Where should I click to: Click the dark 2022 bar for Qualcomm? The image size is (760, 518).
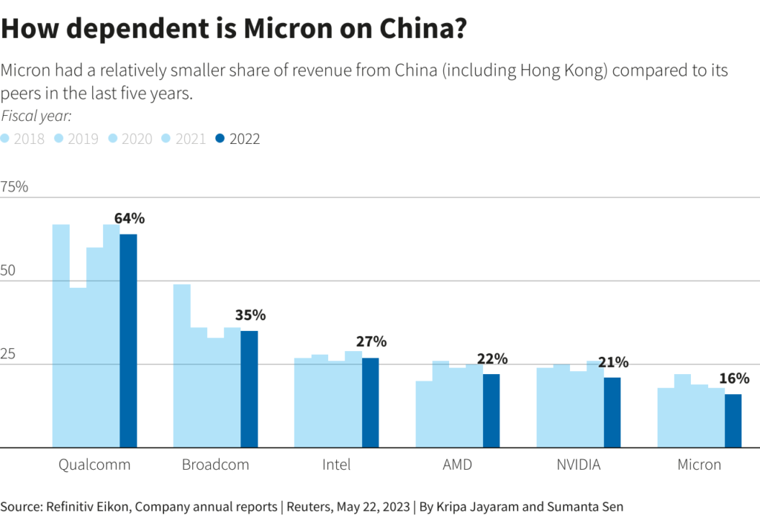[x=128, y=341]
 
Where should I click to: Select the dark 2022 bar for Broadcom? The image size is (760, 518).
[x=249, y=389]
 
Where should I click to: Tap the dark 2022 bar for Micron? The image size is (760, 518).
[x=733, y=421]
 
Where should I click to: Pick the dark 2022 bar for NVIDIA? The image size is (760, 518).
[x=612, y=413]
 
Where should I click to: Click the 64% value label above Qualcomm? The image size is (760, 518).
[x=129, y=218]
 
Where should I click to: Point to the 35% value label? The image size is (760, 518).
[x=250, y=315]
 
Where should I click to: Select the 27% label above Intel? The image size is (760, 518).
[x=371, y=341]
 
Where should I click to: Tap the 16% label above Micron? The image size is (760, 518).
[x=734, y=378]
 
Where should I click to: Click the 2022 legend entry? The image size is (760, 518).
[x=237, y=139]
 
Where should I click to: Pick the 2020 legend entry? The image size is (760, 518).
[x=130, y=139]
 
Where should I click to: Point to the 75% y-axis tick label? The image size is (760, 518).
[x=14, y=187]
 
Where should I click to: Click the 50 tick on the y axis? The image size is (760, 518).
[x=8, y=271]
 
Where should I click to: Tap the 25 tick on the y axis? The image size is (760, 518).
[x=8, y=354]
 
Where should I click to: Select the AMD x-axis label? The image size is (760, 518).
[x=456, y=465]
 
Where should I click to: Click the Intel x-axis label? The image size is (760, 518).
[x=336, y=465]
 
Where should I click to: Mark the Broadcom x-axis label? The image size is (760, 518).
[x=215, y=465]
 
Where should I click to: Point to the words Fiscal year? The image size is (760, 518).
[x=36, y=116]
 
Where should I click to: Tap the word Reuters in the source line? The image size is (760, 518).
[x=310, y=508]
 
